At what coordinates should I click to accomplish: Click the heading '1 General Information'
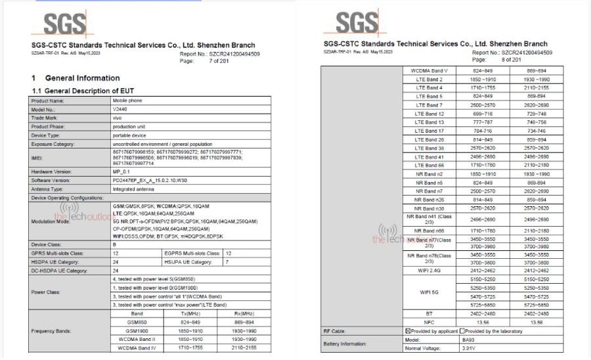coord(77,78)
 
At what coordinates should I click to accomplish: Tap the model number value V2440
coord(120,110)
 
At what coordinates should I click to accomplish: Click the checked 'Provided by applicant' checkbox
coord(408,332)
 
